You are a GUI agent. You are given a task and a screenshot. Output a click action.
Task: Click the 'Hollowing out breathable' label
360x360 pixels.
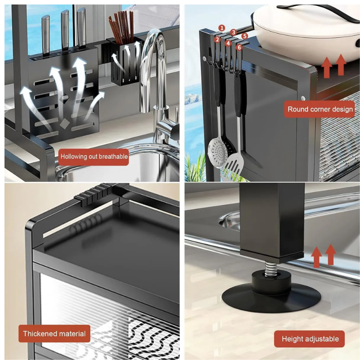(x=94, y=157)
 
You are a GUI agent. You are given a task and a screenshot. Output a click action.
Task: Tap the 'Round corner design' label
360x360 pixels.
(x=320, y=109)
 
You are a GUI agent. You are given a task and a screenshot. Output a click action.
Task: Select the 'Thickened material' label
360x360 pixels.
(x=54, y=333)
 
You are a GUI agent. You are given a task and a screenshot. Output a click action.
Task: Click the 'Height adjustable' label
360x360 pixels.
(x=310, y=339)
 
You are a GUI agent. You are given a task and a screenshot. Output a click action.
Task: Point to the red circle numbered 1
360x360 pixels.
(x=221, y=28)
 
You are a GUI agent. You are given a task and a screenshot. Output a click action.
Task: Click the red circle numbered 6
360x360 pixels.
(x=239, y=47)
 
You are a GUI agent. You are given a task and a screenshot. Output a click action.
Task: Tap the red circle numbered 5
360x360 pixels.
(x=245, y=36)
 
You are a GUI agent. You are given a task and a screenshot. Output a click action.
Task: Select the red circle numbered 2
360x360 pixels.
(x=217, y=40)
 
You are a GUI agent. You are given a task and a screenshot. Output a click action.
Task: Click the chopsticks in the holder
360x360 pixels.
(x=121, y=27)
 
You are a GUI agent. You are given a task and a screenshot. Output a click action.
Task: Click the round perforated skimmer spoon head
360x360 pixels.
(x=218, y=149)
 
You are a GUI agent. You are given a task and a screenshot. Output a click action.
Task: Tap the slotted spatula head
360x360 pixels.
(x=234, y=165)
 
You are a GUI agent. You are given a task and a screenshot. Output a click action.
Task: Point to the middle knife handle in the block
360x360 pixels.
(x=65, y=29)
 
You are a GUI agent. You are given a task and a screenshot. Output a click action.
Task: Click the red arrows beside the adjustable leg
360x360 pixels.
(x=323, y=256)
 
